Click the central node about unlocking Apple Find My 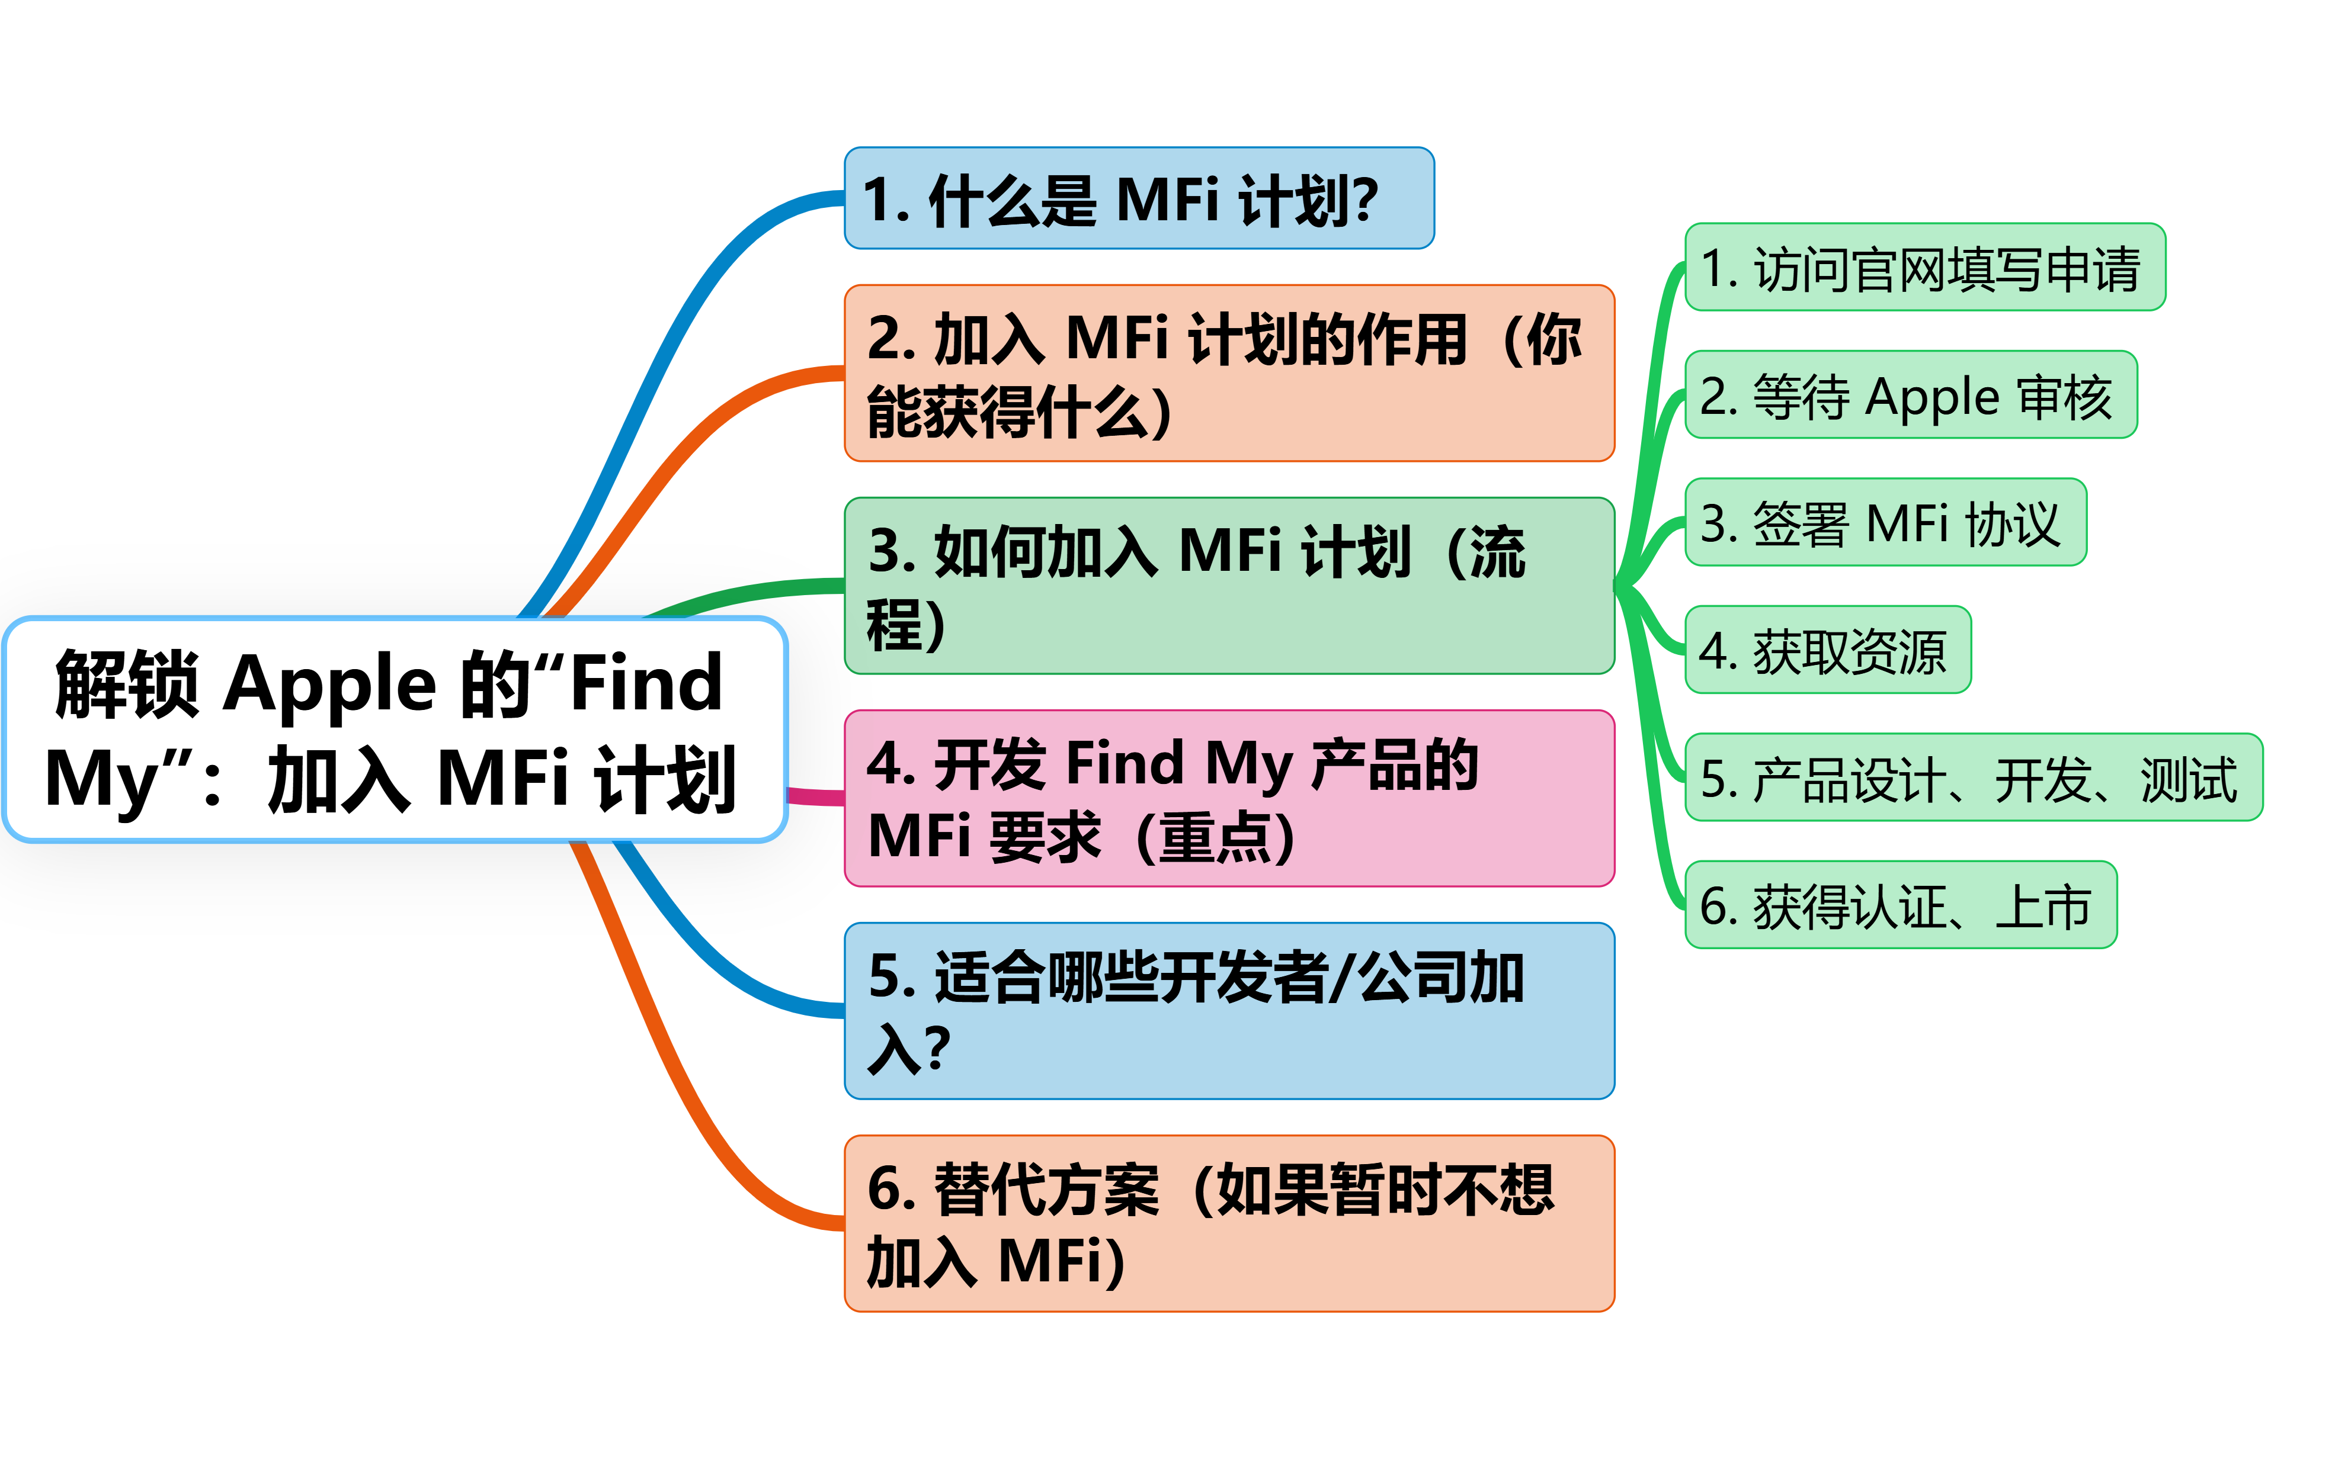[395, 729]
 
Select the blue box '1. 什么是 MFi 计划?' [1139, 199]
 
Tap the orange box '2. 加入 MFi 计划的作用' [1229, 374]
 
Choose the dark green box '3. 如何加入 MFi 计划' [1229, 586]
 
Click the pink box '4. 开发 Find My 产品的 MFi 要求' [1229, 798]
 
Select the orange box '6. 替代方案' [1229, 1223]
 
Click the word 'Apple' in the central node [330, 685]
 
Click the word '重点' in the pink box [1214, 838]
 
